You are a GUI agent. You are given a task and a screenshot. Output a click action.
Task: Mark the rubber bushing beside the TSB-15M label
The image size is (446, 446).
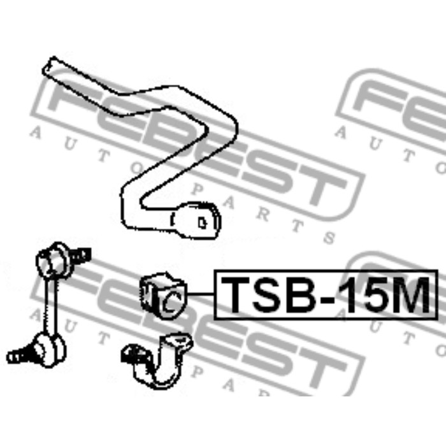pos(160,294)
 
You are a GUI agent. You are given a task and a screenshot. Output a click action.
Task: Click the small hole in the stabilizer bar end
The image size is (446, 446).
pos(202,223)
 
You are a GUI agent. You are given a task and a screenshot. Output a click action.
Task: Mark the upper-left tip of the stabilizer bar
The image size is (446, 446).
pos(49,66)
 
